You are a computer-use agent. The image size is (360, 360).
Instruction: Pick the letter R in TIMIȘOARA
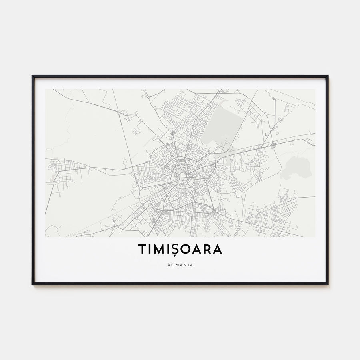point(208,249)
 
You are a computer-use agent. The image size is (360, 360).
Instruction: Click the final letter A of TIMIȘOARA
point(218,249)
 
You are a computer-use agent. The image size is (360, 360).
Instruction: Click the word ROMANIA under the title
point(180,264)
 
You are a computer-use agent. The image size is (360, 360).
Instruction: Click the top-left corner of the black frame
point(33,76)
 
